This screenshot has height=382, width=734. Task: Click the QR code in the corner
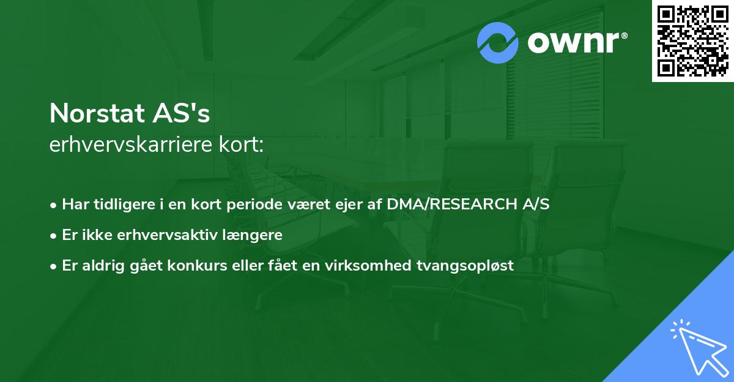click(693, 41)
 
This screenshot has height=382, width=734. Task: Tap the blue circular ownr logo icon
click(498, 42)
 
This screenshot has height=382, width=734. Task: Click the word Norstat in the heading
click(96, 113)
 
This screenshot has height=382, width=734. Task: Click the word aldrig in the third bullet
click(102, 265)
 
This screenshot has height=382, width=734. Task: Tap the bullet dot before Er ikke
click(54, 235)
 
